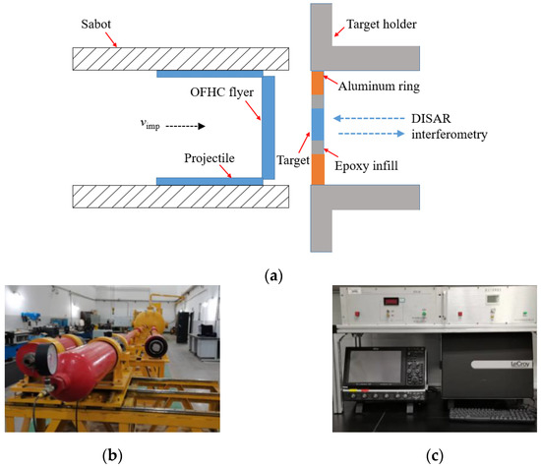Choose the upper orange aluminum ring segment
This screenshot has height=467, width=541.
317,84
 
